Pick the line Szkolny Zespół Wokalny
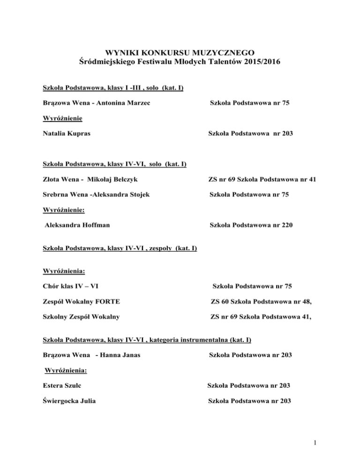click(81, 316)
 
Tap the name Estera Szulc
click(64, 385)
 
